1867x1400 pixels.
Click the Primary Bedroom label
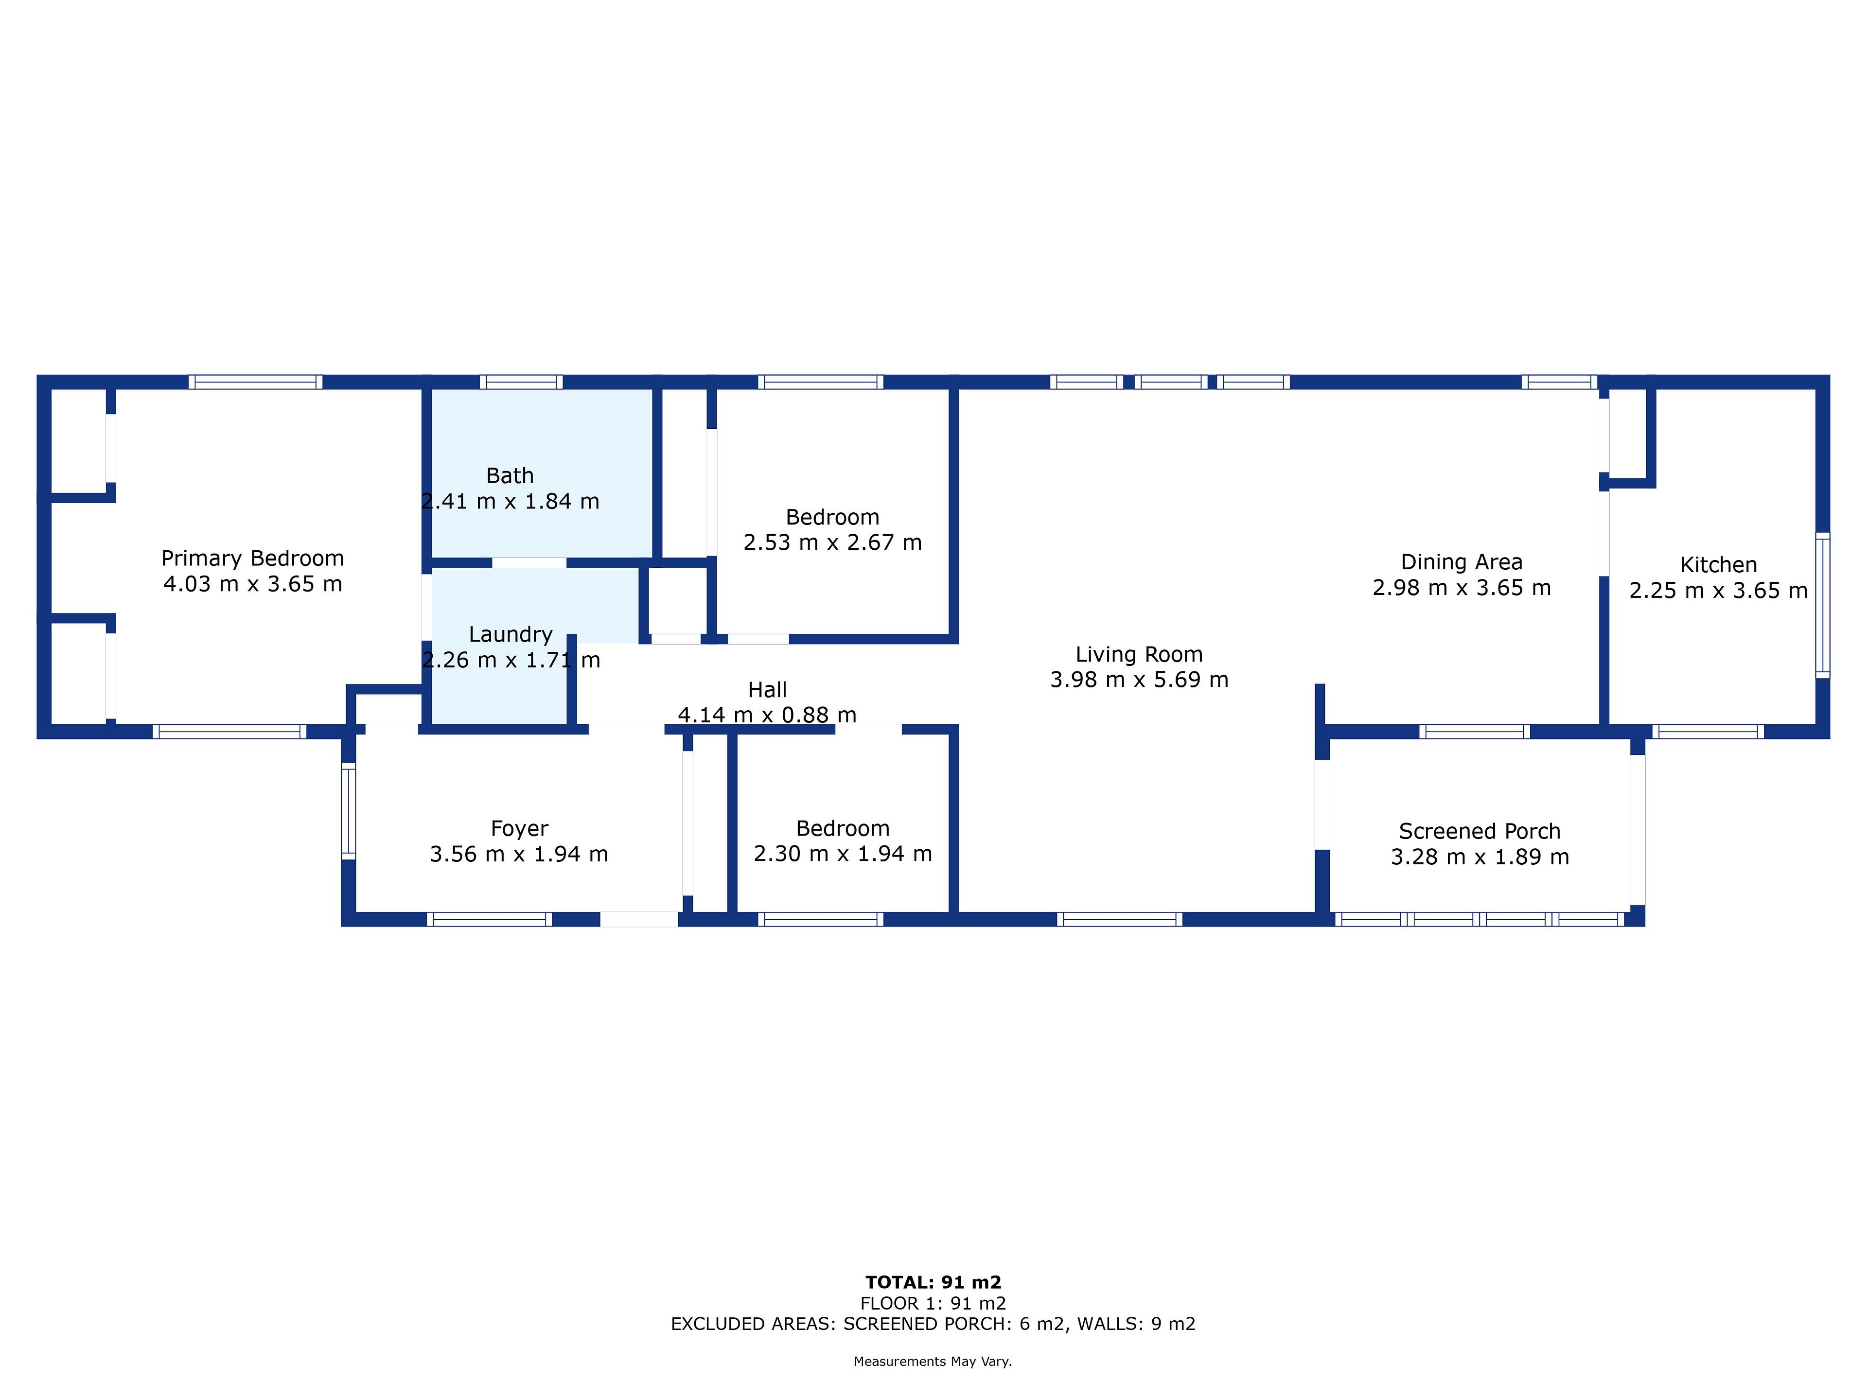coord(252,559)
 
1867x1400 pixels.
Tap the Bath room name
coord(510,476)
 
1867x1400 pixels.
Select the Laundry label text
coord(511,634)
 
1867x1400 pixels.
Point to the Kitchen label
coord(1718,565)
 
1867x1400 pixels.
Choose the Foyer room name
coord(519,829)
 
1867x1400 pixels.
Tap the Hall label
coord(767,690)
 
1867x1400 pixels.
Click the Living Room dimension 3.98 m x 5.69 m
coord(1139,680)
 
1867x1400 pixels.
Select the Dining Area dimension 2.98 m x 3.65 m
coord(1461,588)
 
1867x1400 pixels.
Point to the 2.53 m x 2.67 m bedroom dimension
coord(832,542)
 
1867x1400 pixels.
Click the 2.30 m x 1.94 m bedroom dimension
coord(843,854)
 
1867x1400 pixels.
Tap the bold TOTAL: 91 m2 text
coord(933,1283)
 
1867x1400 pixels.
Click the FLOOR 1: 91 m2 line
coord(933,1304)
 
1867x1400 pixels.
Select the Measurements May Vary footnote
coord(933,1361)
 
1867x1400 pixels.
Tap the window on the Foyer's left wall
coord(349,811)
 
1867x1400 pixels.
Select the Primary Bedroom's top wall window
coord(255,382)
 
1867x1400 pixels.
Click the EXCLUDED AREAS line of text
coord(933,1324)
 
